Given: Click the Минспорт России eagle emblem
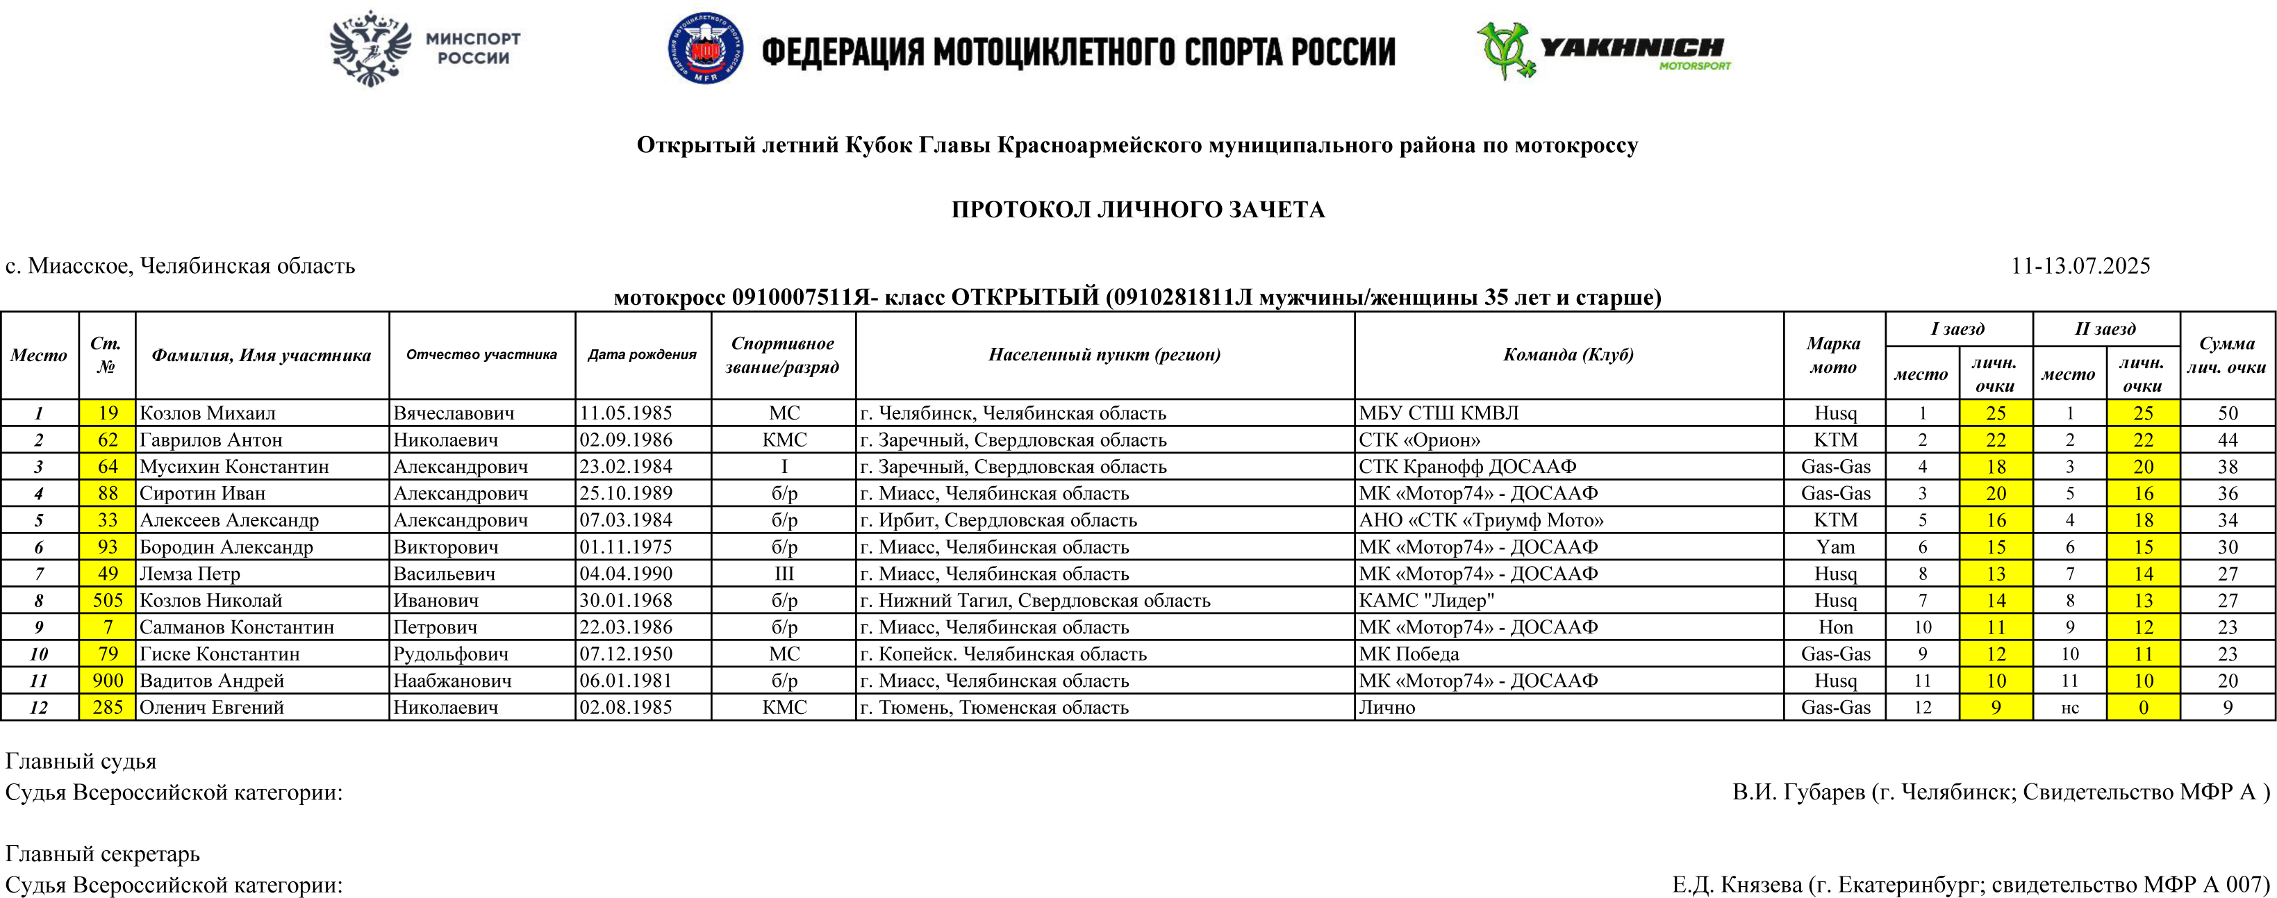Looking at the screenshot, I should pos(371,49).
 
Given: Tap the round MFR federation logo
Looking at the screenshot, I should pos(704,49).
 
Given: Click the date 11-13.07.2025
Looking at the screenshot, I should pos(2080,266).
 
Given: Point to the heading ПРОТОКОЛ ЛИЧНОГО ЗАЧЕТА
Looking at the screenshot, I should pos(1138,210).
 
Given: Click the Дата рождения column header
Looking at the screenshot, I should pos(643,354).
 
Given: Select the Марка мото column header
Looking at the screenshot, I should pos(1833,354).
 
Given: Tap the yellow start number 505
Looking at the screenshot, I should pos(108,600).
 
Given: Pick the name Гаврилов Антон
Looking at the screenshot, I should pos(211,440).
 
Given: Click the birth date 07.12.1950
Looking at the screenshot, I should pos(626,654).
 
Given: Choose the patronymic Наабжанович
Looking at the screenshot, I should pos(453,681).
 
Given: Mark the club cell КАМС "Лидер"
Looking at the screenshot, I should pos(1427,600).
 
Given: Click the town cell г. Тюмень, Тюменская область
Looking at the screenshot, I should pos(995,707).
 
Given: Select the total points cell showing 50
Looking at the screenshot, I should pos(2228,413).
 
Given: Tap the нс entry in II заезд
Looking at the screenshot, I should pos(2069,707).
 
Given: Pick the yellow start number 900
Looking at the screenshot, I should pos(108,681).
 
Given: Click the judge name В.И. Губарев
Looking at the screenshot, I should pos(1799,792).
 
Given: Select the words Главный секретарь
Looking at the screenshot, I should pos(103,854).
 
